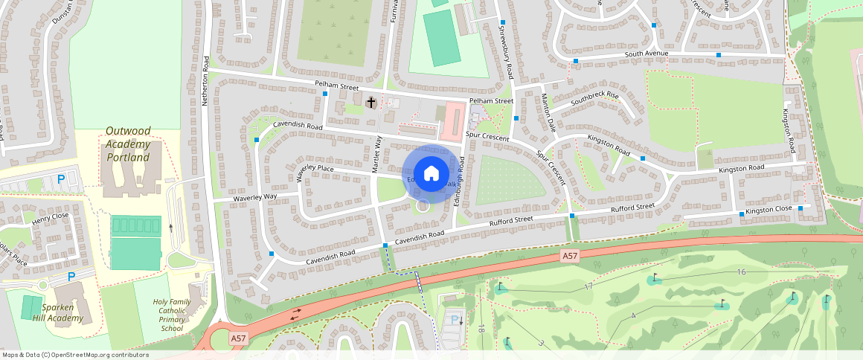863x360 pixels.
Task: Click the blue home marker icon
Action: pyautogui.click(x=430, y=174)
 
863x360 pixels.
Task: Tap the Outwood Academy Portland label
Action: pyautogui.click(x=128, y=144)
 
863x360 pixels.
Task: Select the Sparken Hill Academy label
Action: pyautogui.click(x=51, y=312)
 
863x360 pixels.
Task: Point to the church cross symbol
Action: pyautogui.click(x=371, y=101)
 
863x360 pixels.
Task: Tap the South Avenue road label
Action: pyautogui.click(x=647, y=54)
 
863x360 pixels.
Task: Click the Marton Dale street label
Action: pyautogui.click(x=548, y=114)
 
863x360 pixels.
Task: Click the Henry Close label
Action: pyautogui.click(x=50, y=219)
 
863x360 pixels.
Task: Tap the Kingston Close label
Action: pyautogui.click(x=769, y=210)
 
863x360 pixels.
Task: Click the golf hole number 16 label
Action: pyautogui.click(x=741, y=272)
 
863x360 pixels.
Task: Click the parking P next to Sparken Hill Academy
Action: pyautogui.click(x=71, y=277)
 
